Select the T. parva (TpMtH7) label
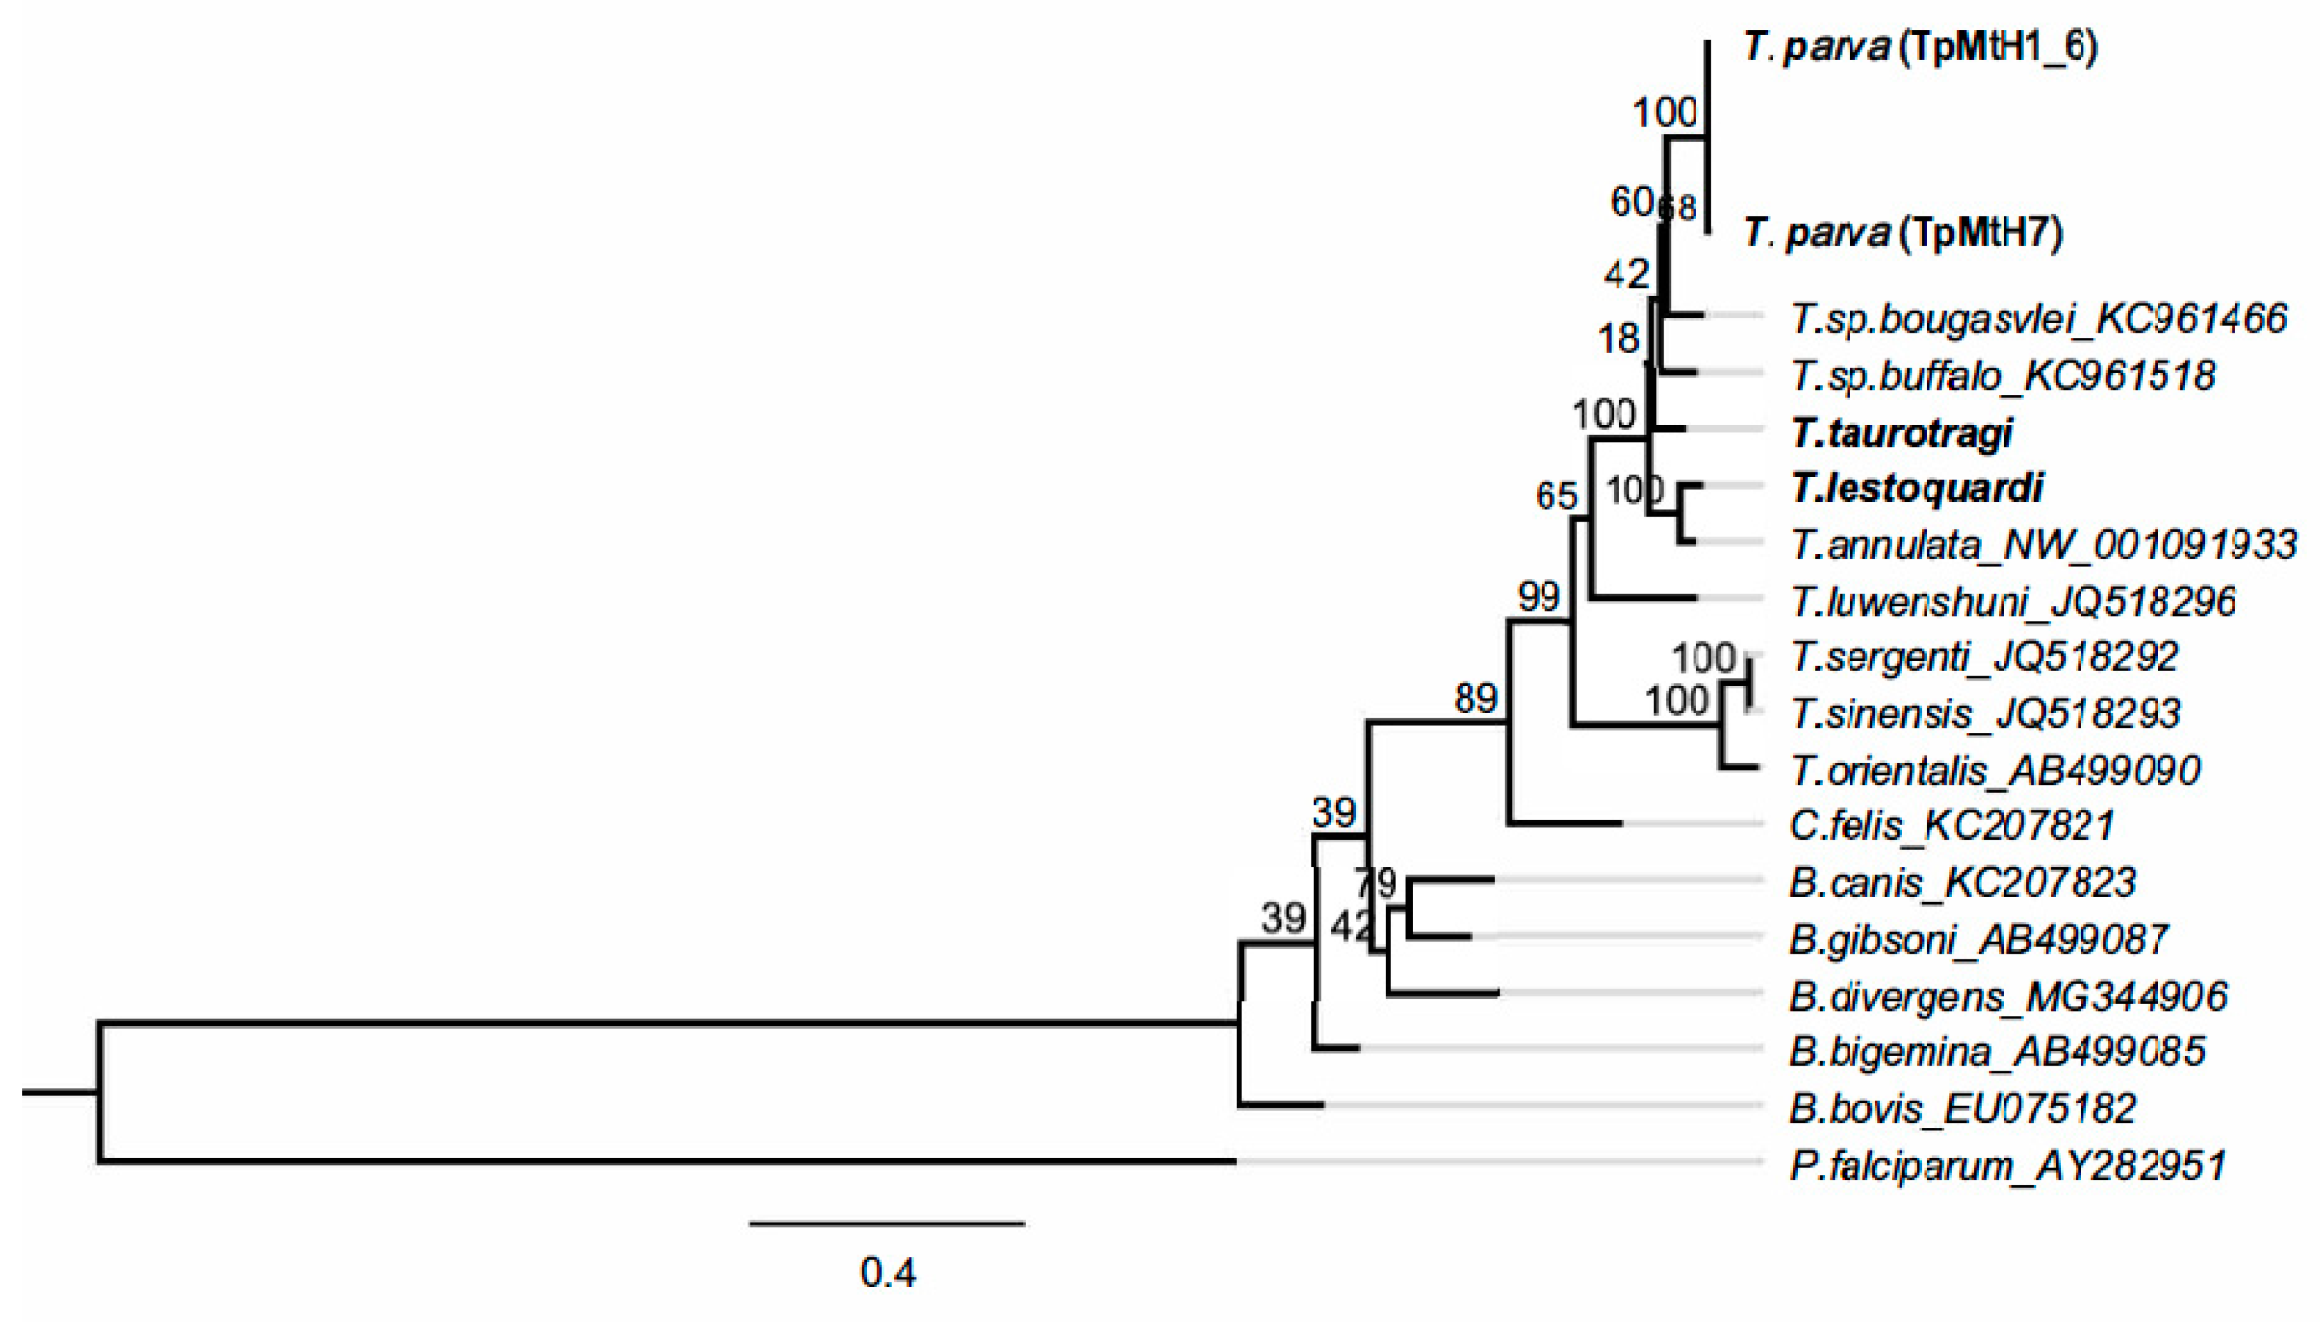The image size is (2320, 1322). [1902, 233]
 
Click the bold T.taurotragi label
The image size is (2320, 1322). [1901, 433]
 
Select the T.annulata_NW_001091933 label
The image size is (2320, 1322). [2042, 545]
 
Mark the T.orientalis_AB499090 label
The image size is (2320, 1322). [1995, 770]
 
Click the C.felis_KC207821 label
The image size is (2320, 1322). [1952, 825]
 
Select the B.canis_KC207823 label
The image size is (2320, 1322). [1963, 882]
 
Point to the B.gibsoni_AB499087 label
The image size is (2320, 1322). [1978, 939]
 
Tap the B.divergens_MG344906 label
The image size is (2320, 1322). [2008, 996]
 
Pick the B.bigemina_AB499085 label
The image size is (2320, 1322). [1997, 1052]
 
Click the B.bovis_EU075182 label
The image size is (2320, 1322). [1963, 1108]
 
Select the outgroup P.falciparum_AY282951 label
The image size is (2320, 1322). [2008, 1165]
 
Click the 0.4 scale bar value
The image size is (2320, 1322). [888, 1273]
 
